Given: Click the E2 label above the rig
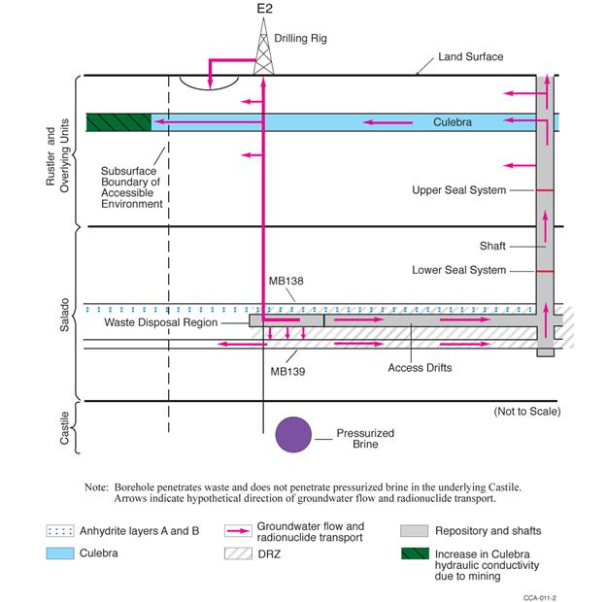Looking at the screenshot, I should point(263,9).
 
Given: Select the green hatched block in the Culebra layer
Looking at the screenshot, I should point(118,122).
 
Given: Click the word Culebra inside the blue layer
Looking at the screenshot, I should point(453,123).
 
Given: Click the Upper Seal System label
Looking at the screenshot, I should point(459,190).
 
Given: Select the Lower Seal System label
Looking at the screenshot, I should point(459,270).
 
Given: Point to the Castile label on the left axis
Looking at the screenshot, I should point(64,428).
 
